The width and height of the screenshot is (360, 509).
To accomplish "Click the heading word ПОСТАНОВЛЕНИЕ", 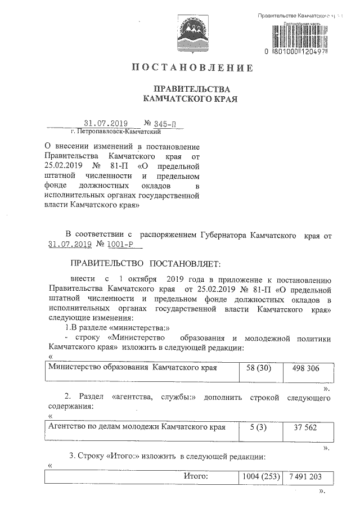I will click(x=192, y=68).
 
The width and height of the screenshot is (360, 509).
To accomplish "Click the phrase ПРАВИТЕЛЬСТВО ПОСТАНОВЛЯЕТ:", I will click(x=146, y=263).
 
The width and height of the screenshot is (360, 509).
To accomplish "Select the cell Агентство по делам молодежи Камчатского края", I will click(x=137, y=427).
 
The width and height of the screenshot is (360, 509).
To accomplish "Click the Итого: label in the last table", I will click(x=196, y=476).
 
